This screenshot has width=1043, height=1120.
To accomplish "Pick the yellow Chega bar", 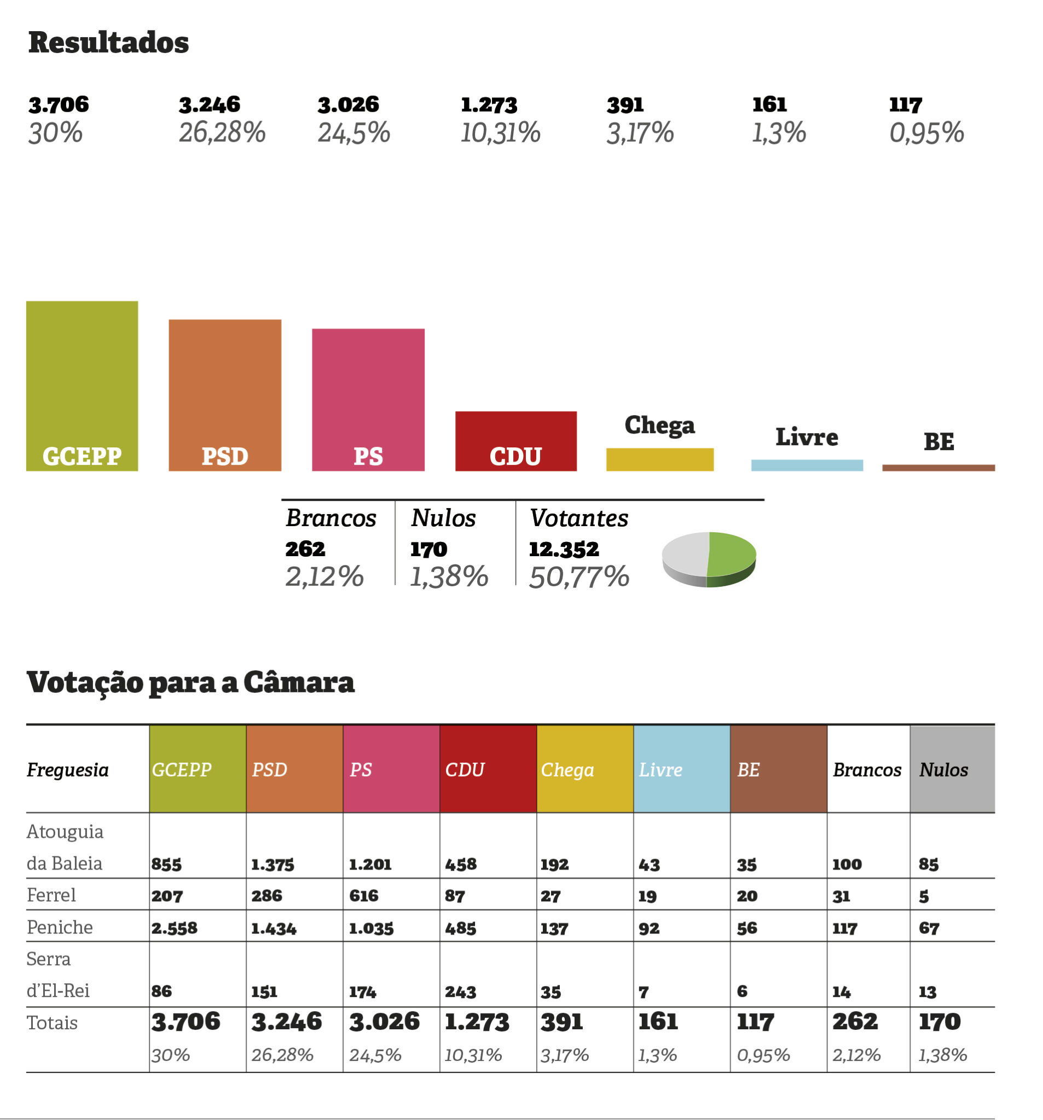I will click(659, 459).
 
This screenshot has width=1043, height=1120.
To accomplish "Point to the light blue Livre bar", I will click(806, 465).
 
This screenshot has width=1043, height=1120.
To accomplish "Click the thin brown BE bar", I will click(937, 468).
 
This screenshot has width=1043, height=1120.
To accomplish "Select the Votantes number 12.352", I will click(563, 549).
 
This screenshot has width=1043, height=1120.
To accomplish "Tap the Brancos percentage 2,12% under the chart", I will click(324, 576).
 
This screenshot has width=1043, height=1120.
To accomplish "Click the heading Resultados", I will click(108, 43).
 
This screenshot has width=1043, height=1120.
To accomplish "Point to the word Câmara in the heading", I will click(298, 682).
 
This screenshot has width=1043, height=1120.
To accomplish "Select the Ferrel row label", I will click(51, 895).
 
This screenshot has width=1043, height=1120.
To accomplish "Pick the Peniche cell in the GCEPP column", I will click(174, 928).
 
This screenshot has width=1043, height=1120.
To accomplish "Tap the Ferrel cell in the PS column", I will click(364, 895).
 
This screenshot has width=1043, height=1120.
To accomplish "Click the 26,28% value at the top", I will click(222, 133).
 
